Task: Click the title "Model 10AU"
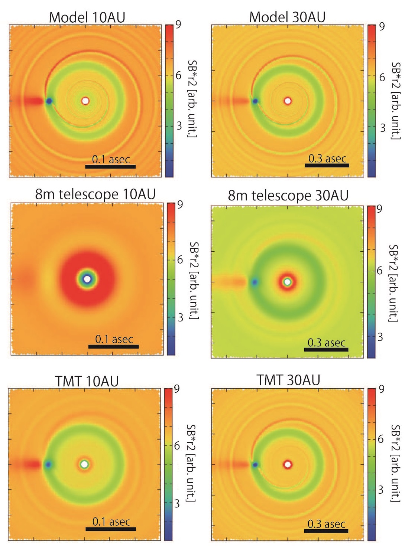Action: click(87, 17)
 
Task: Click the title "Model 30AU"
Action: click(287, 17)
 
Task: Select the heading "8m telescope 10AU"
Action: click(95, 194)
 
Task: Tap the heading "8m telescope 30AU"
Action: click(288, 195)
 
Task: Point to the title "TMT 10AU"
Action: click(87, 381)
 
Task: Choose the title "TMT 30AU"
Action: click(288, 380)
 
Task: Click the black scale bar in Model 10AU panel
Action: click(110, 167)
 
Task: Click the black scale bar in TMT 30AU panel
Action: click(326, 531)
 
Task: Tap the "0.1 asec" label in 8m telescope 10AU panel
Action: click(114, 339)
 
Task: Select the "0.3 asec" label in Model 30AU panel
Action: click(327, 159)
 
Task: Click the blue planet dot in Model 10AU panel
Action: click(49, 101)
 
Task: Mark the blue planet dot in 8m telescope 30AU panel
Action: click(255, 282)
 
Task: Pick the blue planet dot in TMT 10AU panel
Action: click(48, 464)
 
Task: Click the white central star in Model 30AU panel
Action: click(288, 101)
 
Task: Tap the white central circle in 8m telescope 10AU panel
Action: click(87, 279)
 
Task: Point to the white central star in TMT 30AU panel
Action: click(288, 464)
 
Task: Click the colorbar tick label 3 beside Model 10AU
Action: click(179, 126)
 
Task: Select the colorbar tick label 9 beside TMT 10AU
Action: click(177, 389)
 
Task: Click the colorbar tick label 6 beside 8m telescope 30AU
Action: click(379, 271)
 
